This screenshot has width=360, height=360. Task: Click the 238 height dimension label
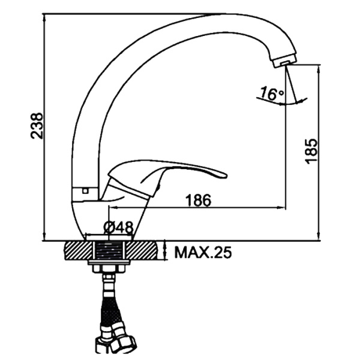coord(37,125)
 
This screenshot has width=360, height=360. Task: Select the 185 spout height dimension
coord(311,151)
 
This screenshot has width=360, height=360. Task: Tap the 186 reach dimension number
coord(198,200)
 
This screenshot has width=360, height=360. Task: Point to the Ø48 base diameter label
coord(118,227)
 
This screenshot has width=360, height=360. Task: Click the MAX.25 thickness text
coord(203,253)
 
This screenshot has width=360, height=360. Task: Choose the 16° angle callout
coord(272,94)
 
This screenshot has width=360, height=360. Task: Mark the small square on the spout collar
coord(85,190)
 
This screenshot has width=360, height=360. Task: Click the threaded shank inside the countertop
coord(110,251)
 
